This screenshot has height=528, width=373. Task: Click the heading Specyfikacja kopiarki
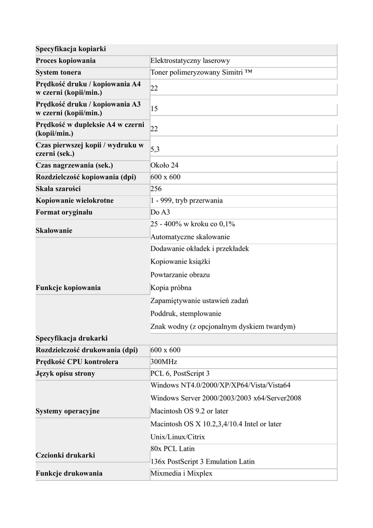[71, 49]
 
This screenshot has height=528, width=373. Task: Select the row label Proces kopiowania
[65, 61]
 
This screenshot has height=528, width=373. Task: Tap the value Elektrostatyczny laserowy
[190, 61]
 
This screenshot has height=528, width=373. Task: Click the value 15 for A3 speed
[155, 109]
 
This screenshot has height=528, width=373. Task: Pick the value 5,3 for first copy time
[155, 150]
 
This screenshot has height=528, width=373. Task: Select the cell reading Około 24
[164, 166]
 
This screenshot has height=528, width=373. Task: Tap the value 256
[156, 189]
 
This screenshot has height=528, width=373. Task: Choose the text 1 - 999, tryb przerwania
[186, 201]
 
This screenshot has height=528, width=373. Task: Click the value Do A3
[160, 212]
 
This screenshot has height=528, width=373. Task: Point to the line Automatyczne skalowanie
[190, 237]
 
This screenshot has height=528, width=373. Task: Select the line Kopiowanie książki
[180, 262]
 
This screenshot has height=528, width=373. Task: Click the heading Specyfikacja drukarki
[72, 338]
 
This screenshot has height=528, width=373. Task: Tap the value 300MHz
[164, 362]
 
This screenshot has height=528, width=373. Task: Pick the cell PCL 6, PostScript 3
[180, 373]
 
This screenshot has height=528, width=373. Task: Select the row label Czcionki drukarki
[65, 455]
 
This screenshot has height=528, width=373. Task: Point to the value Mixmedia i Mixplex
[181, 473]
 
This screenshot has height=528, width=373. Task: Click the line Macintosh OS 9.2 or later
[189, 411]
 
